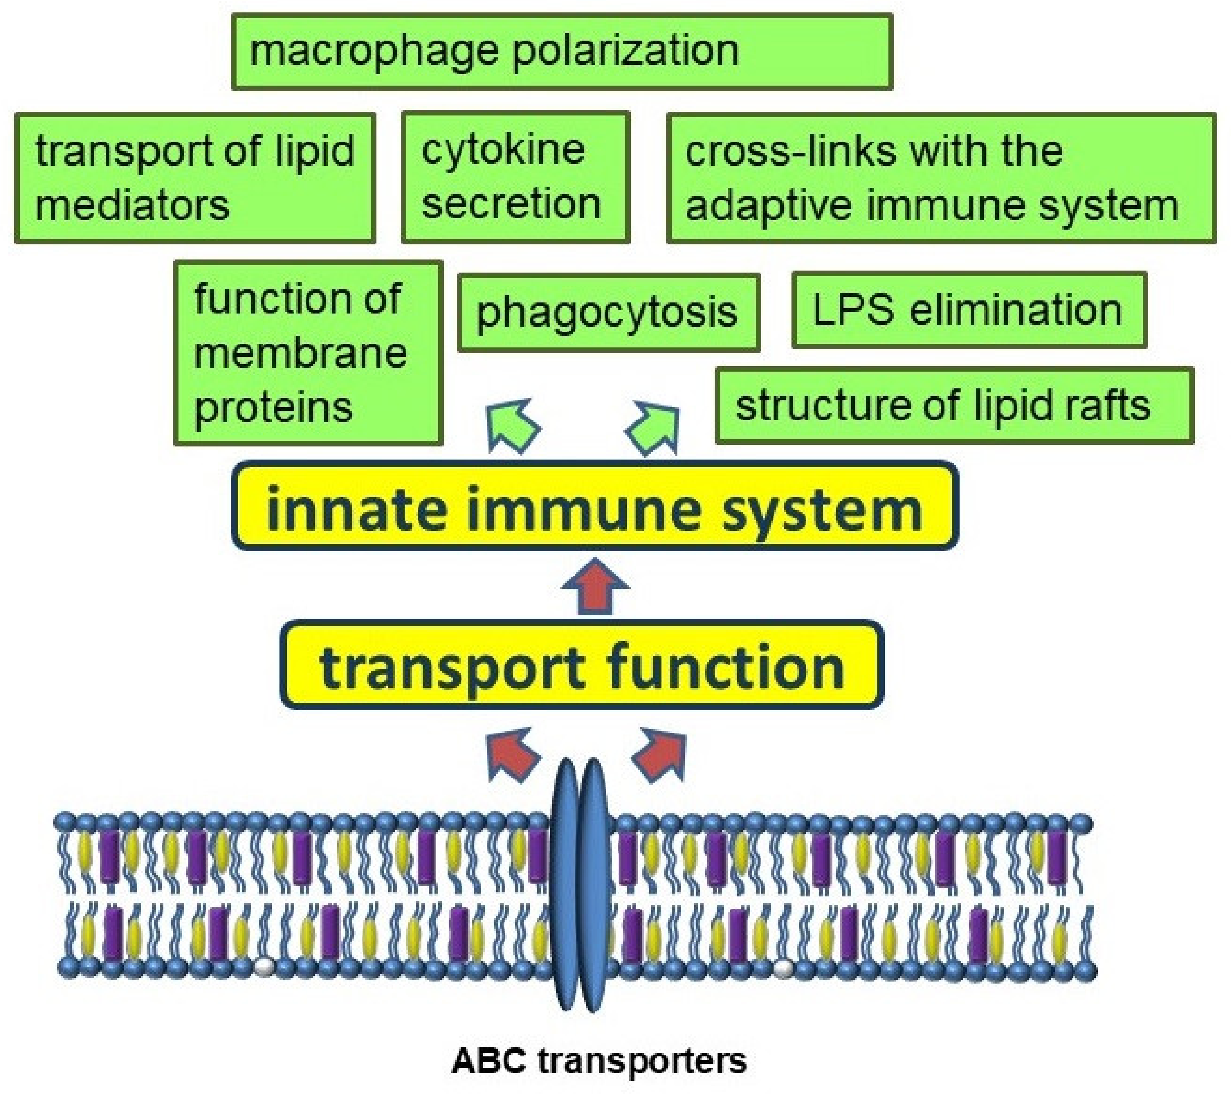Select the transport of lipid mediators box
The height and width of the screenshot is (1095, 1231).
[x=195, y=178]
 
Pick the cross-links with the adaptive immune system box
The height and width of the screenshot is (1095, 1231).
[x=941, y=178]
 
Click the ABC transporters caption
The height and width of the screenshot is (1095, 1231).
[x=599, y=1061]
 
